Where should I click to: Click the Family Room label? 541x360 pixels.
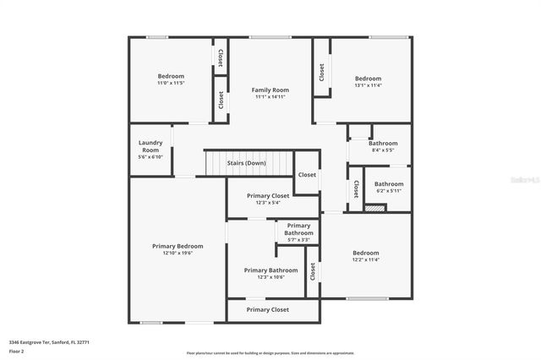point(270,90)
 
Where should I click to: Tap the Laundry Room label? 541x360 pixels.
point(150,146)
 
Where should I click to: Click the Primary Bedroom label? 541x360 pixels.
point(178,246)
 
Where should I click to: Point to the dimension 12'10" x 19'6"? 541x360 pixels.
point(178,253)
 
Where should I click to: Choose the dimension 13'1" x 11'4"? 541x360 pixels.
point(368,85)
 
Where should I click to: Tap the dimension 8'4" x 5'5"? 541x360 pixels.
point(383,150)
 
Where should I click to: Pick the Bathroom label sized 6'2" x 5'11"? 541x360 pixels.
point(389,183)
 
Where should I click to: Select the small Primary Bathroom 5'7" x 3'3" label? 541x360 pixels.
point(298,229)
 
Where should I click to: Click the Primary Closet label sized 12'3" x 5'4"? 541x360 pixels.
point(268,195)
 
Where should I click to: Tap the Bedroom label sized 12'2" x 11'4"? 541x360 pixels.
point(366,253)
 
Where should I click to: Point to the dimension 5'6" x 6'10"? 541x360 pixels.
point(150,156)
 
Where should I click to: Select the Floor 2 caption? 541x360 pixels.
point(16,351)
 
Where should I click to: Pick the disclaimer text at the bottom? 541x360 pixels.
point(270,352)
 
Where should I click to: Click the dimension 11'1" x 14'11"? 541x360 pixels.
point(270,97)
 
